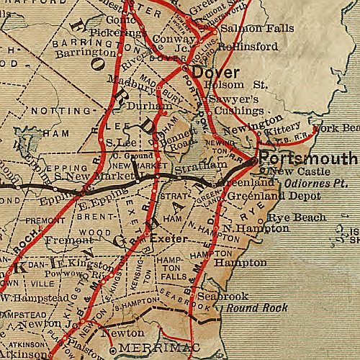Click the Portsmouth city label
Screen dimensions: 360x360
(308, 158)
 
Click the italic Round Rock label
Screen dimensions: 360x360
(257, 307)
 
